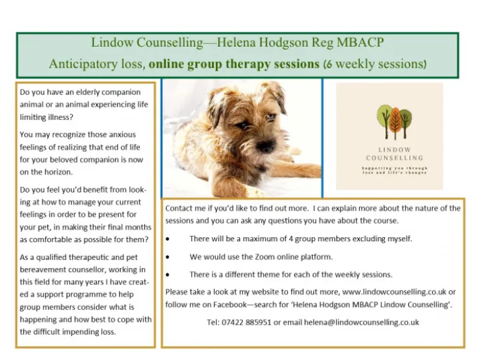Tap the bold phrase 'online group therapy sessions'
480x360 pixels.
[x=234, y=65]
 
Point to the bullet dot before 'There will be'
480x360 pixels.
[x=168, y=239]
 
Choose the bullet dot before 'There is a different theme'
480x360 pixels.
[x=168, y=275]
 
